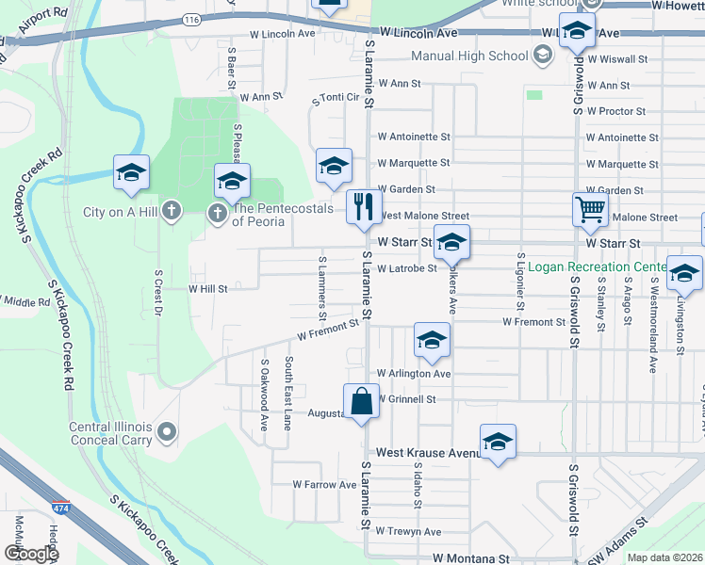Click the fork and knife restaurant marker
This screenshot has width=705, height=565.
coord(364,207)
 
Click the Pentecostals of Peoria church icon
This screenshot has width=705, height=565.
coord(217,212)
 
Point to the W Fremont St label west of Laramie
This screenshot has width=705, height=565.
coord(328,331)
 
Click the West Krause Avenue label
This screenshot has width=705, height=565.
coord(428,453)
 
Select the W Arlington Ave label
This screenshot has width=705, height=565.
coord(414,374)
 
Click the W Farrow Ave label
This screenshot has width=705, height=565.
coord(324,485)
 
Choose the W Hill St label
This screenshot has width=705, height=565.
coord(208,289)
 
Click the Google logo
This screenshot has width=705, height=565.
coord(31,554)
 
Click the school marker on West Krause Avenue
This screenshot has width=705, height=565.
coord(498,442)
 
